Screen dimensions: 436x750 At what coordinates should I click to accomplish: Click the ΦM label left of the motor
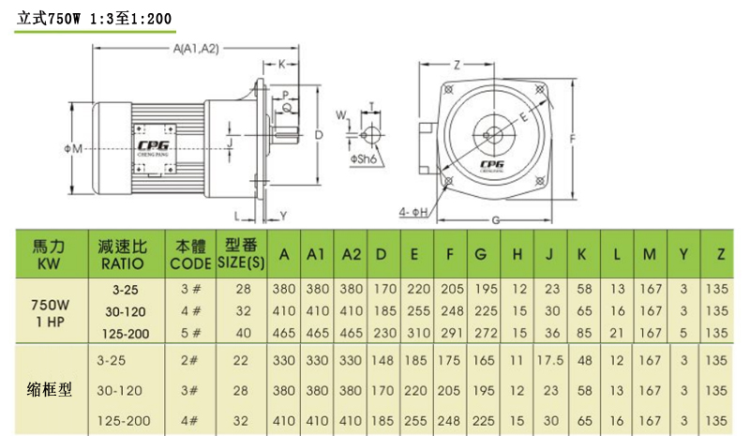(x=74, y=149)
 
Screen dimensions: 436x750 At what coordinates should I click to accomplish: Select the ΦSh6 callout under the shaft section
(x=366, y=160)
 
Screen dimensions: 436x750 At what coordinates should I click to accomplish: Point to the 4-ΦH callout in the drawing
(x=413, y=213)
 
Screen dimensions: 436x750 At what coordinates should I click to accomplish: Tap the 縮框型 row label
(x=49, y=388)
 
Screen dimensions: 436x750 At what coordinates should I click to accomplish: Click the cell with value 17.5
(x=549, y=359)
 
